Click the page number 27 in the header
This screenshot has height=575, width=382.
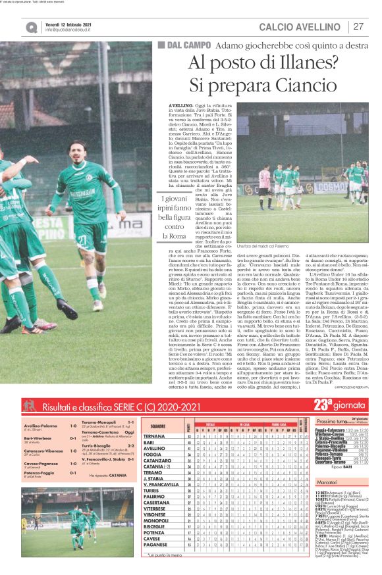coord(359,26)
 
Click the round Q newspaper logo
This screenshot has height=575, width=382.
coord(32,27)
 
